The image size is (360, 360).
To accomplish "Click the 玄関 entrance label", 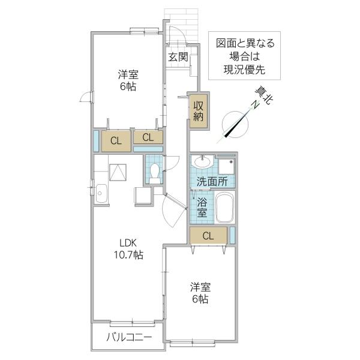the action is pyautogui.click(x=178, y=57).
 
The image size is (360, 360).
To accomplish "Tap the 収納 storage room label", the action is pyautogui.click(x=198, y=111).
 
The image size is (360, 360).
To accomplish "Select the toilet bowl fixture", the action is pyautogui.click(x=154, y=172).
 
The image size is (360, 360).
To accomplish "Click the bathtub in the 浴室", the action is pyautogui.click(x=225, y=208).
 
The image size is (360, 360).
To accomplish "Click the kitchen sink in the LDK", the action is pyautogui.click(x=101, y=193).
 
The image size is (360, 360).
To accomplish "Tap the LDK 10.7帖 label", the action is pyautogui.click(x=128, y=248).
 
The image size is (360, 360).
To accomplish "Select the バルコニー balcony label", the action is pyautogui.click(x=129, y=337).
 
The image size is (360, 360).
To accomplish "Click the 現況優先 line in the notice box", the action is pyautogui.click(x=244, y=70).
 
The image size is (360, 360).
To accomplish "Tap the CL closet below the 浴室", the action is pyautogui.click(x=208, y=235).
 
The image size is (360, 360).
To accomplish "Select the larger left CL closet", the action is pyautogui.click(x=116, y=141).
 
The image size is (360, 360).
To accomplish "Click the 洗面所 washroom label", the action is pyautogui.click(x=212, y=182).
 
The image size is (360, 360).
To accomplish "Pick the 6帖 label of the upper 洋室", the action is pyautogui.click(x=128, y=86).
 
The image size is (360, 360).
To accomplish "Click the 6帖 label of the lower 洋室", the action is pyautogui.click(x=200, y=299).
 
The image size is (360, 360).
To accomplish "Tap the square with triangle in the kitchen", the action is pyautogui.click(x=118, y=172).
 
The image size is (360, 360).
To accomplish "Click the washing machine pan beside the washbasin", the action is pyautogui.click(x=226, y=166).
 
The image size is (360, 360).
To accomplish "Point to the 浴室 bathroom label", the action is pyautogui.click(x=202, y=208).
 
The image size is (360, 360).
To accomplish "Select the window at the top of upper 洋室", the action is pyautogui.click(x=145, y=31).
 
